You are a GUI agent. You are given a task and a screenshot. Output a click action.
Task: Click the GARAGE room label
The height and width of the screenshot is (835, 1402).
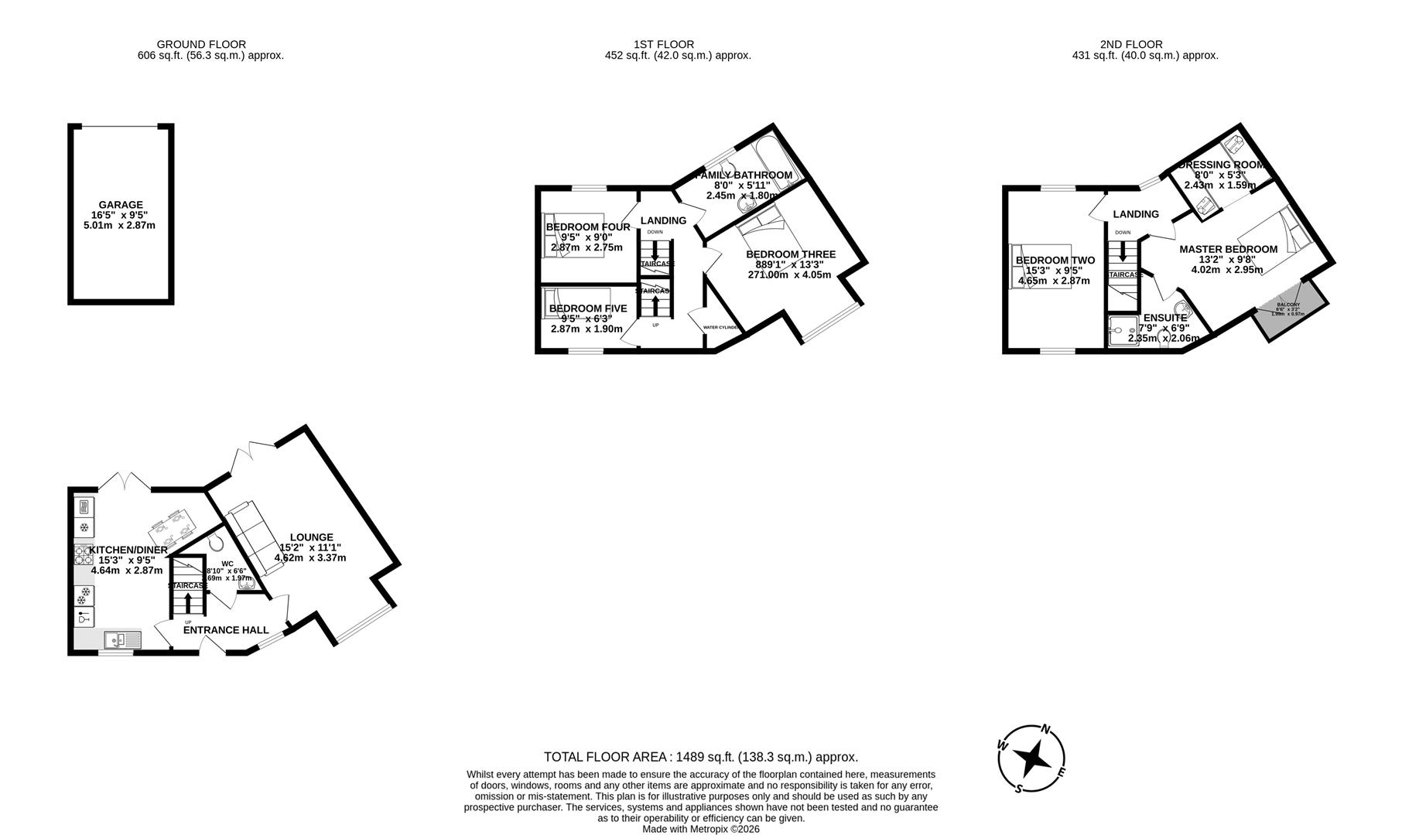120,205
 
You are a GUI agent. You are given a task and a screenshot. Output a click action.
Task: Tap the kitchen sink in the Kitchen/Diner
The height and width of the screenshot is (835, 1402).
122,640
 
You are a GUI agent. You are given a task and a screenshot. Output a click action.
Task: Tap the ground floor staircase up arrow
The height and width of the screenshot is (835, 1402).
190,600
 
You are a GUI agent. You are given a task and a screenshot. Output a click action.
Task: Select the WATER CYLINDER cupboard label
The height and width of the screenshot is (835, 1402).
720,328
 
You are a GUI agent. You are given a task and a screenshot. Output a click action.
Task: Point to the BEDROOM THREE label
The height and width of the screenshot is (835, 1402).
790,254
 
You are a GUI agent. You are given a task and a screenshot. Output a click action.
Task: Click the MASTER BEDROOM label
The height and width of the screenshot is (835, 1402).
1228,249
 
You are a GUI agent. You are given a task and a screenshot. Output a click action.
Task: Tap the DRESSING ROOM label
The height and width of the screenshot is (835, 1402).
1221,165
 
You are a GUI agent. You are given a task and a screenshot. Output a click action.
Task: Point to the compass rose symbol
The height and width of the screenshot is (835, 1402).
1032,758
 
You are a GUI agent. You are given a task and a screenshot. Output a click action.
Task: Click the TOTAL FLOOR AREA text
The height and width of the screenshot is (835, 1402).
700,757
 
